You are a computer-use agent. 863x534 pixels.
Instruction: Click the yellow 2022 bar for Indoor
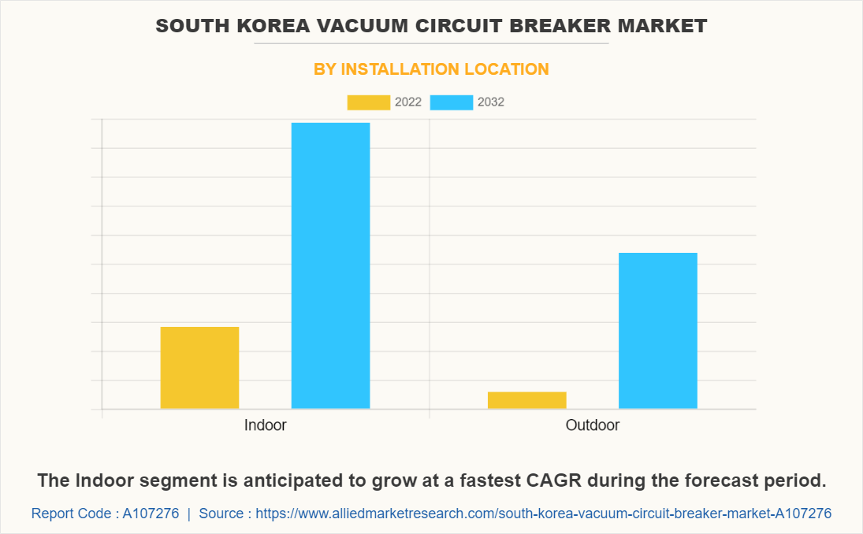199,367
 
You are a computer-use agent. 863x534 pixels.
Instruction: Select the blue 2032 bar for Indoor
330,265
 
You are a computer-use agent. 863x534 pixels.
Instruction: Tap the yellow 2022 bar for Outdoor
526,400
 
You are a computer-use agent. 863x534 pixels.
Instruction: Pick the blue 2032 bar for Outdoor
657,330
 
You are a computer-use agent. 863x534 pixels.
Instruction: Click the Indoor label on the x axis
265,425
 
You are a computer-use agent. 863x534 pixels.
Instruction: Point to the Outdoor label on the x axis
593,425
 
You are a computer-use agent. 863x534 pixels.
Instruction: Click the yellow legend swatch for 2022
368,102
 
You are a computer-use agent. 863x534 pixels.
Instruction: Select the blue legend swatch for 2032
452,102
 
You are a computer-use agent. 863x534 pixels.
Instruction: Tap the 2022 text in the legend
407,102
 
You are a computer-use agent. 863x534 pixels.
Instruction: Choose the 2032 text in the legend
491,102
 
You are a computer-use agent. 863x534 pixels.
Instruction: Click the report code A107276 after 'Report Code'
151,514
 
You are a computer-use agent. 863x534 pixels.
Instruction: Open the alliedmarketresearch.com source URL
544,514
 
